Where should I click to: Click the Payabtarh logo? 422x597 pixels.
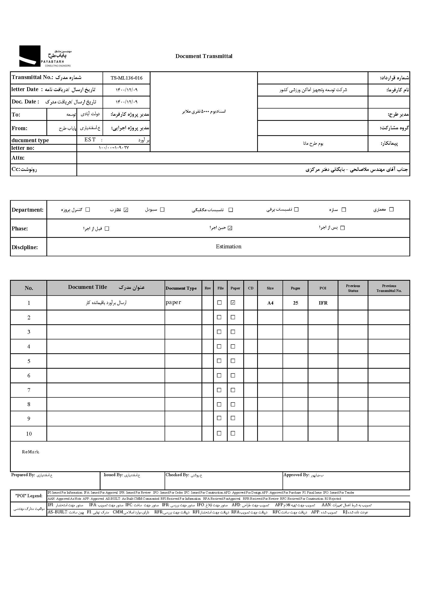(x=45, y=56)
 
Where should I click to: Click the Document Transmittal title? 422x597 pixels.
(x=204, y=56)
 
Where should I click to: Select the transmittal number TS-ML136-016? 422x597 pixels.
(x=127, y=78)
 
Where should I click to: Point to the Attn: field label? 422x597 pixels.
(x=18, y=158)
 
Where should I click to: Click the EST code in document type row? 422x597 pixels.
(x=90, y=140)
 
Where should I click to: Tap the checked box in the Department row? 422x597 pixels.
(x=126, y=210)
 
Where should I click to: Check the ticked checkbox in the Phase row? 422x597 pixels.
(x=230, y=228)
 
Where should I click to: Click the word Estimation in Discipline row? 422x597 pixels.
(x=228, y=247)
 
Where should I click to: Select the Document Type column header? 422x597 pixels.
(x=181, y=288)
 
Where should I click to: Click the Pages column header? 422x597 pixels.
(x=295, y=288)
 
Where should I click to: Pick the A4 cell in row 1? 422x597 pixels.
(x=270, y=303)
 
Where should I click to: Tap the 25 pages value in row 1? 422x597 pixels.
(x=295, y=303)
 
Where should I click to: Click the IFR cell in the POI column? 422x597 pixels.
(x=323, y=303)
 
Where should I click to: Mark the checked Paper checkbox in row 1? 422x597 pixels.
(x=233, y=302)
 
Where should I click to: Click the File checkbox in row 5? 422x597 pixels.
(x=219, y=361)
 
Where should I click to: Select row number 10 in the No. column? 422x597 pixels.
(x=29, y=434)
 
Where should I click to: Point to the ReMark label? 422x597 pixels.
(x=31, y=452)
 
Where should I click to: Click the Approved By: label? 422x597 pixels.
(x=296, y=475)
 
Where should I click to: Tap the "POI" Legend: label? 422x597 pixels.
(x=29, y=496)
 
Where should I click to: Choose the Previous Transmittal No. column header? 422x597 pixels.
(x=389, y=288)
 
